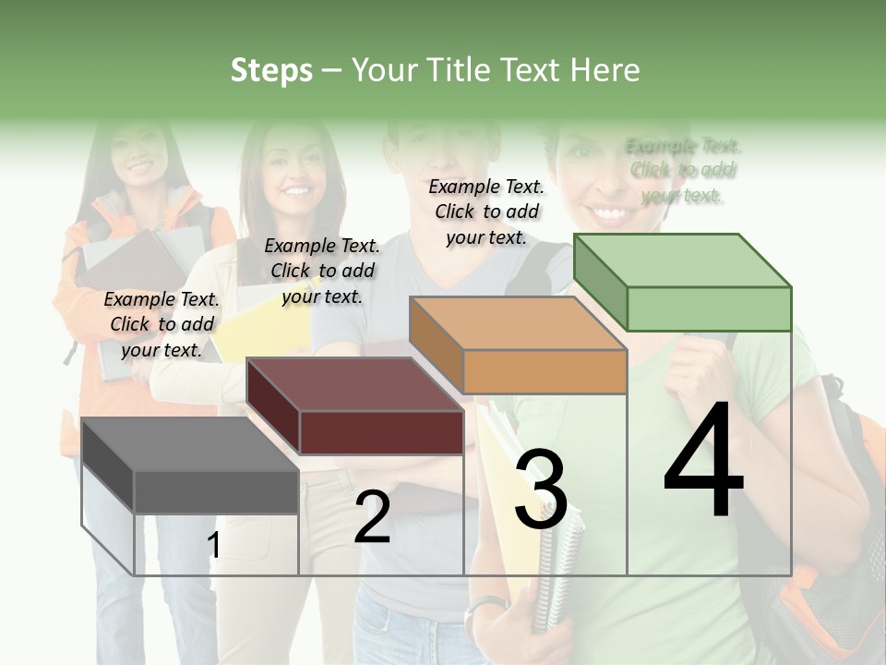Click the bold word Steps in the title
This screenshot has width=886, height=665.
tap(271, 70)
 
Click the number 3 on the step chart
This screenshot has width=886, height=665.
tap(541, 490)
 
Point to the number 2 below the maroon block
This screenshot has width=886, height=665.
tap(372, 517)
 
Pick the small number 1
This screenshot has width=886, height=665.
tap(214, 546)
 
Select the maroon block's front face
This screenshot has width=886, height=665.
tap(381, 432)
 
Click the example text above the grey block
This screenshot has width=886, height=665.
tap(162, 324)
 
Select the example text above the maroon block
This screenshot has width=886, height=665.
tap(322, 271)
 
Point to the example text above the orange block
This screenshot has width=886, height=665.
tap(486, 212)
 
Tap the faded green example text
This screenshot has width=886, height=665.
tap(683, 170)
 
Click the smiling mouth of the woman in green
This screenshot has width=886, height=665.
tap(609, 214)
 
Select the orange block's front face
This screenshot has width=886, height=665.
tap(545, 371)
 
